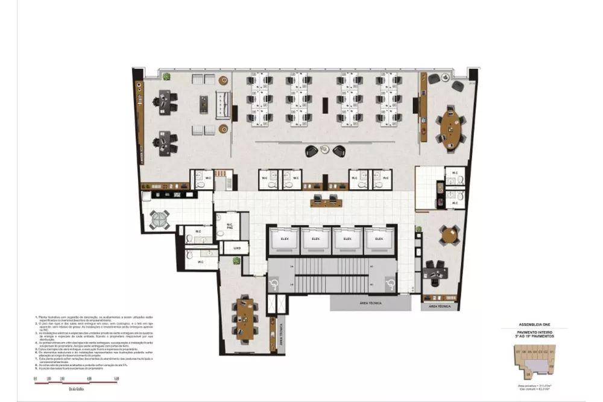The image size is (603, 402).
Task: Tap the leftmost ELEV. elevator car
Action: (x=283, y=239)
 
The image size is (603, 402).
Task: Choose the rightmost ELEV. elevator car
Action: (x=379, y=239)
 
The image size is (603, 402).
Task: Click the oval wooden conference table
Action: (x=450, y=126)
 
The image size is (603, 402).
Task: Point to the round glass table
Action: (x=160, y=220)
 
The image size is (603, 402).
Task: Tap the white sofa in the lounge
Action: (x=223, y=104)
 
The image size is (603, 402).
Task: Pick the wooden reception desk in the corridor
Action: (x=326, y=199)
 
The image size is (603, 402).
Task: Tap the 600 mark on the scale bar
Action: (x=116, y=378)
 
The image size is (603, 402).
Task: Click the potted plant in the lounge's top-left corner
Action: (x=166, y=77)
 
